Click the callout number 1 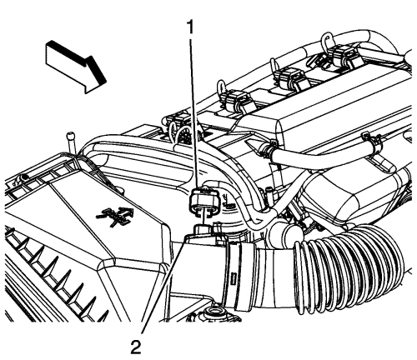(x=191, y=27)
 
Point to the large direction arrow (x=76, y=66)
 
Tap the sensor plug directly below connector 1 (x=205, y=230)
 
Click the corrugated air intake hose (x=349, y=268)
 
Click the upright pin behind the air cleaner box (x=70, y=143)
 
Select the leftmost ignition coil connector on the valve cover (x=236, y=99)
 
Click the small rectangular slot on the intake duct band (x=234, y=277)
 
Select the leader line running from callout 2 (x=163, y=284)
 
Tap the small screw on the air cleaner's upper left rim (x=24, y=177)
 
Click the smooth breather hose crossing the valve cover (x=319, y=156)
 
